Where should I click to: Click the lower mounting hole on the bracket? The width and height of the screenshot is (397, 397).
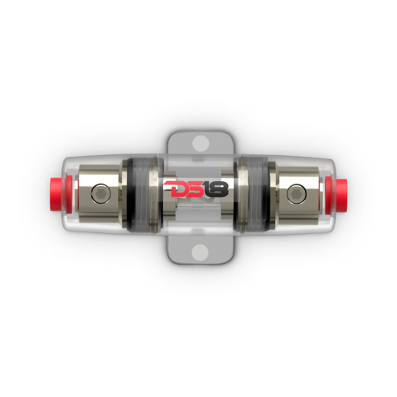(x=201, y=252)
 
